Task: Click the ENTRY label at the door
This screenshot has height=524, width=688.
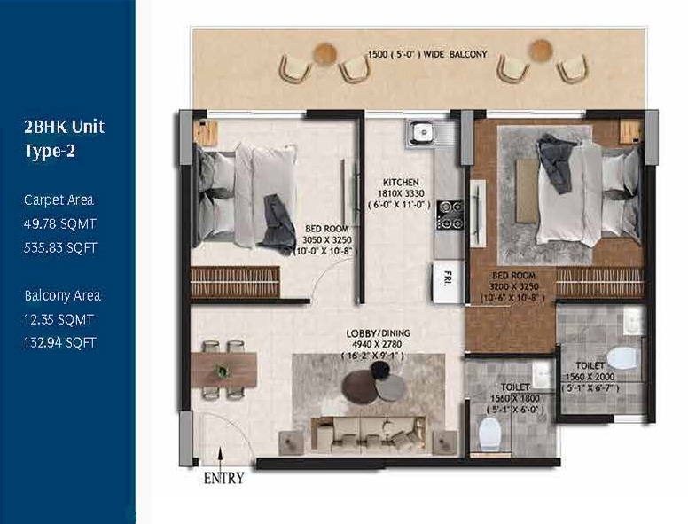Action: (x=223, y=478)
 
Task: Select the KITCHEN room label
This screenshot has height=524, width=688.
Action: (x=401, y=182)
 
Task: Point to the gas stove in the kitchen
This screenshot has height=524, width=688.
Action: (x=450, y=215)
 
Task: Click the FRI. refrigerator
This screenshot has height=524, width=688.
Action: (x=448, y=281)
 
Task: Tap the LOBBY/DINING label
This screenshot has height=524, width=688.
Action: (x=378, y=333)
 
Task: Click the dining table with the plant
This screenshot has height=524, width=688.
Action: (x=223, y=370)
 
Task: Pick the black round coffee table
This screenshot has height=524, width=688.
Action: (x=380, y=371)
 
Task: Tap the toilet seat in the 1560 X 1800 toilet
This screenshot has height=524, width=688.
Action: (x=489, y=434)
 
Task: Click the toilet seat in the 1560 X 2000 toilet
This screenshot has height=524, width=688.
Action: (x=622, y=357)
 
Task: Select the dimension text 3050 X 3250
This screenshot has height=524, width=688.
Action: (x=327, y=240)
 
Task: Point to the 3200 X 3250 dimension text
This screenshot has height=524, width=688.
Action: (x=514, y=286)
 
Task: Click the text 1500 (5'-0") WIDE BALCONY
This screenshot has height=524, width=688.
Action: (x=427, y=54)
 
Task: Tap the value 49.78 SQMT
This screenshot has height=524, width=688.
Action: (x=59, y=223)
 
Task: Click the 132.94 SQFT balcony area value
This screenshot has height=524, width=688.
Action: (x=59, y=342)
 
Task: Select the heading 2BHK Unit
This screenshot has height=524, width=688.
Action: (x=64, y=127)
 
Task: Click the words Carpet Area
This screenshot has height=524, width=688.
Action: (x=59, y=200)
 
